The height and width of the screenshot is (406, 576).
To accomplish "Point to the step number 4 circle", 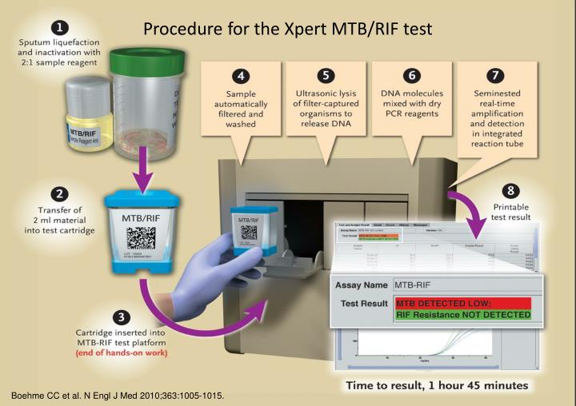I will coord(238,77).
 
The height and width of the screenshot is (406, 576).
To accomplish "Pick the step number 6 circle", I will coord(410,77).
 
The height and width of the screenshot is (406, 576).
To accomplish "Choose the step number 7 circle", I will coord(495,77).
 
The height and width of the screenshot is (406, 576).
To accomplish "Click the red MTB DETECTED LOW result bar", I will coord(462,304).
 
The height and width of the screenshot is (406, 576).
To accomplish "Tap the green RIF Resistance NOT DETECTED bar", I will coord(462,315).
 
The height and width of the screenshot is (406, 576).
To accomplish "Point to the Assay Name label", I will coord(360,285).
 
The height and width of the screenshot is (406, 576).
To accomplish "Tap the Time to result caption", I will coord(437,384).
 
